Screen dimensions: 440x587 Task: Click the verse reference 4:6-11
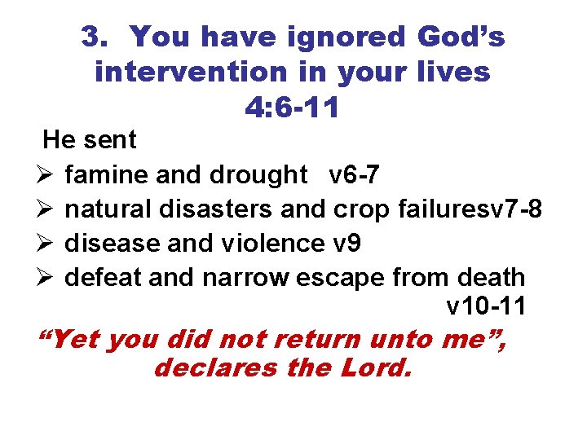(292, 107)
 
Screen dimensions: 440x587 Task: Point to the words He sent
(90, 140)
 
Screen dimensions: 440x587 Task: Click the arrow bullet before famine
(45, 175)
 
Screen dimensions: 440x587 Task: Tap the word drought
(258, 175)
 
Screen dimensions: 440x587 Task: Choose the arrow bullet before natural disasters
(45, 209)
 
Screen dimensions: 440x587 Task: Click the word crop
(364, 209)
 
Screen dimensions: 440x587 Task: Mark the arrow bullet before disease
(45, 244)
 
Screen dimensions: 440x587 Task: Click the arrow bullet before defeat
(45, 278)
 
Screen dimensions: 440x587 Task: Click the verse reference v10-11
(486, 308)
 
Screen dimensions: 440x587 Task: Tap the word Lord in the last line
(374, 367)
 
